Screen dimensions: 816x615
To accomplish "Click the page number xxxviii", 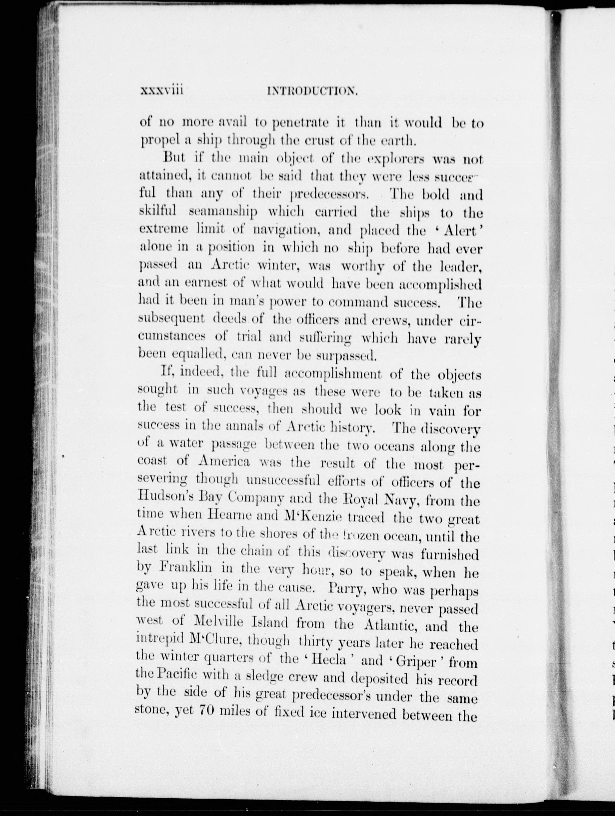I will tap(162, 90).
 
